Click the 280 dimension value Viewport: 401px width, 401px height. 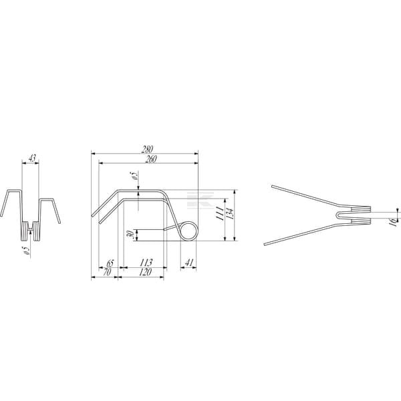[148, 149]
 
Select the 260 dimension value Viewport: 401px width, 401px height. [151, 159]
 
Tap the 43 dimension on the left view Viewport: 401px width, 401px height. [31, 158]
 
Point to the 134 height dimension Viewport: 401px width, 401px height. [230, 215]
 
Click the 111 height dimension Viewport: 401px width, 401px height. [220, 214]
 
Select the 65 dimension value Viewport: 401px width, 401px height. [110, 263]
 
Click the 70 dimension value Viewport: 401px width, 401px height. [107, 272]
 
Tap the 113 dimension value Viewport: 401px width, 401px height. [146, 263]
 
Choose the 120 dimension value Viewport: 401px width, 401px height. [145, 272]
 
